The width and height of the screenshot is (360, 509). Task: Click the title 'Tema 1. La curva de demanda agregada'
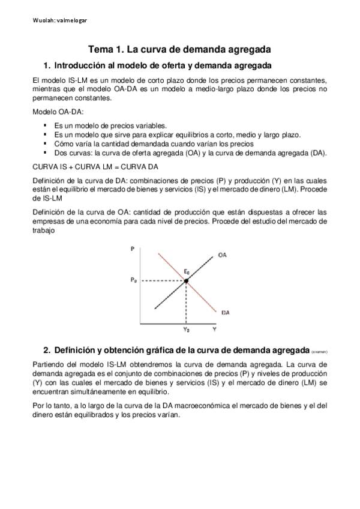pos(179,49)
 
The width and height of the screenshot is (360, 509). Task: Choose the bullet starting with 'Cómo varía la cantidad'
pos(153,143)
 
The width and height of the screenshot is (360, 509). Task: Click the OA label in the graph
pos(222,255)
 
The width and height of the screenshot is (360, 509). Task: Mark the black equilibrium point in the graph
pos(187,280)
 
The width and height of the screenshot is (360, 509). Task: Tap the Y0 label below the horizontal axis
pos(187,330)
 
